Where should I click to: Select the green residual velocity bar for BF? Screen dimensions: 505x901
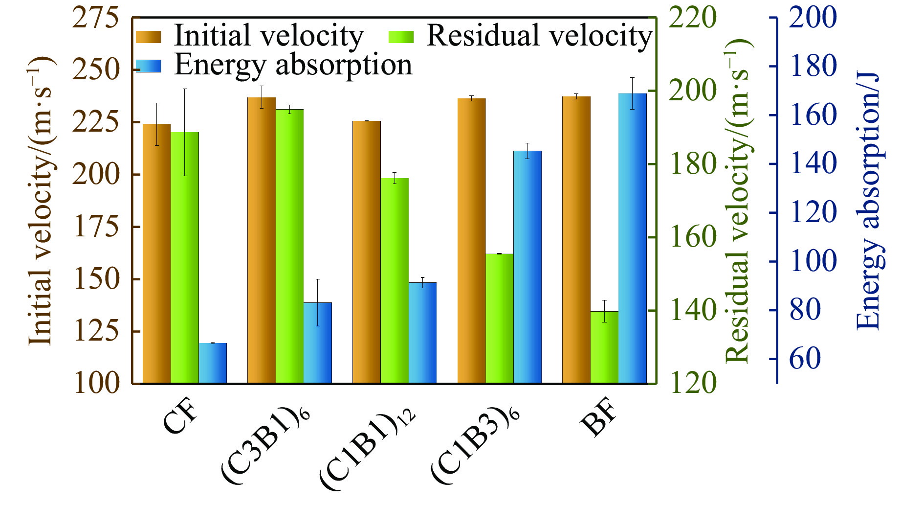[x=604, y=347]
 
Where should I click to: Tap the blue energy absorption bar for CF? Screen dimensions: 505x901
[x=213, y=363]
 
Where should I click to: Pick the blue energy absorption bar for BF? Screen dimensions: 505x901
[x=632, y=238]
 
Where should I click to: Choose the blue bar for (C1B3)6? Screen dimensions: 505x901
[x=527, y=267]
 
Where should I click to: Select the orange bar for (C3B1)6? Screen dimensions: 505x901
[x=262, y=240]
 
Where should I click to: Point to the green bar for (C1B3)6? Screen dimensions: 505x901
[x=500, y=318]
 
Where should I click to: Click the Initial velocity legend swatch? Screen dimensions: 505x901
[x=148, y=37]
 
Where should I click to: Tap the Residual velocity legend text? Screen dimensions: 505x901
[x=539, y=36]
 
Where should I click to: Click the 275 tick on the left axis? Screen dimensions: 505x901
[x=96, y=19]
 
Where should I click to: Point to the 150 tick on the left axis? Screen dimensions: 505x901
[x=96, y=279]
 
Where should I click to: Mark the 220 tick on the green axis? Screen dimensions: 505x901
[x=692, y=19]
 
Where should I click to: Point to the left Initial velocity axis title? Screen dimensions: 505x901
[x=40, y=201]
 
